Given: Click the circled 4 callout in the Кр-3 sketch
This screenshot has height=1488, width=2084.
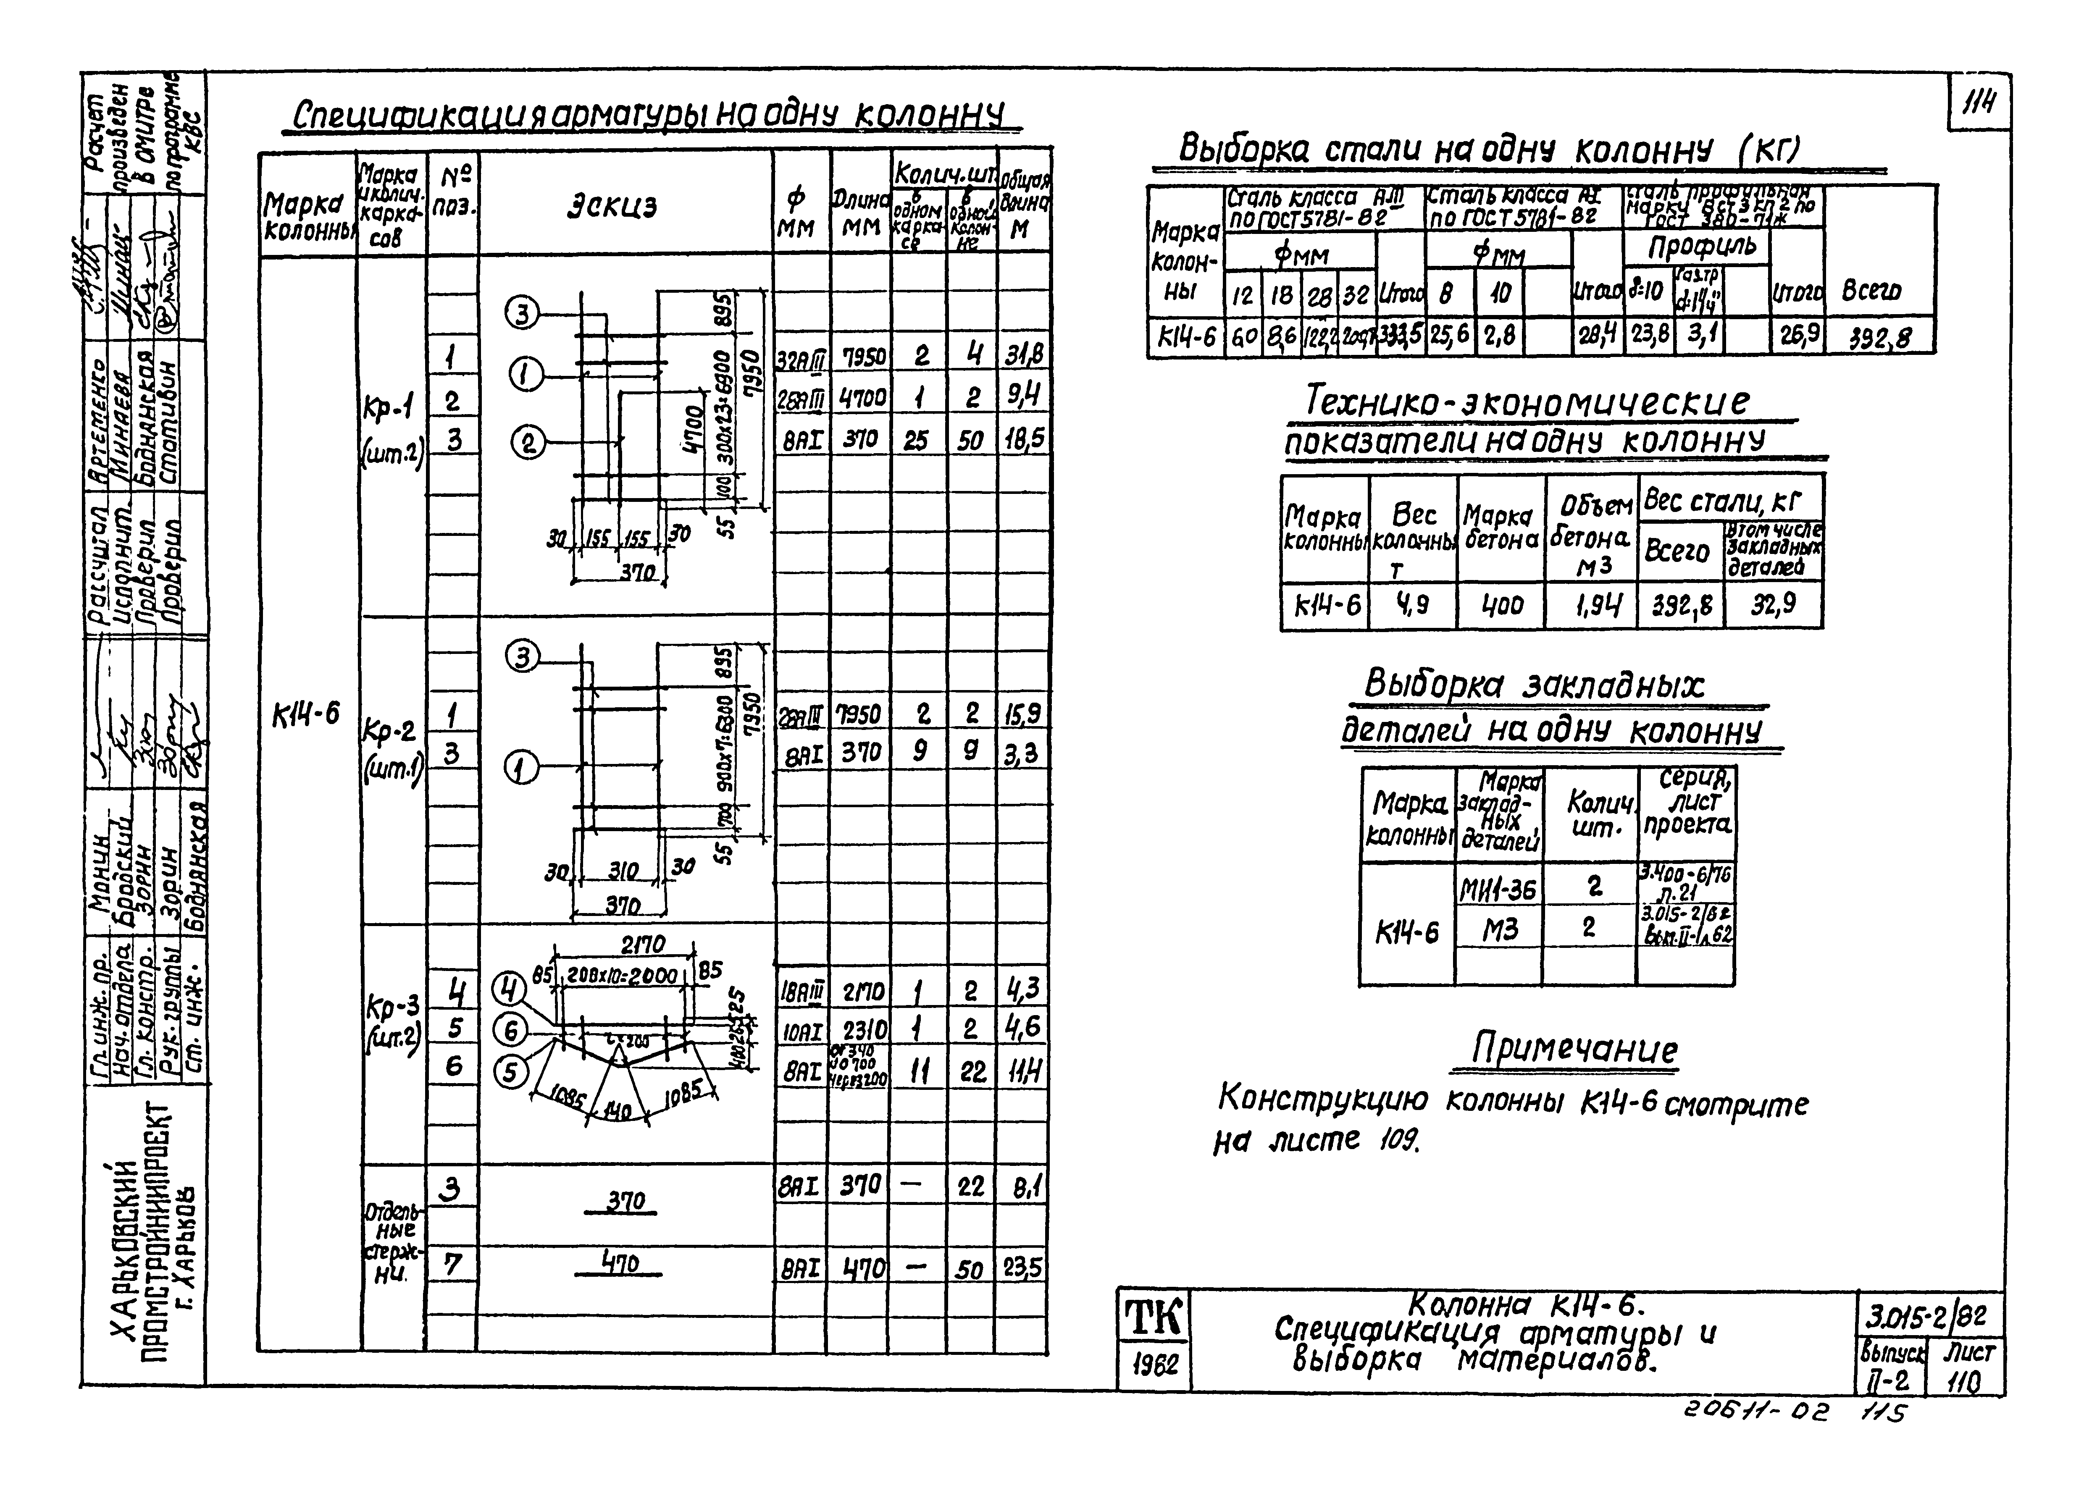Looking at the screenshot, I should tap(510, 989).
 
